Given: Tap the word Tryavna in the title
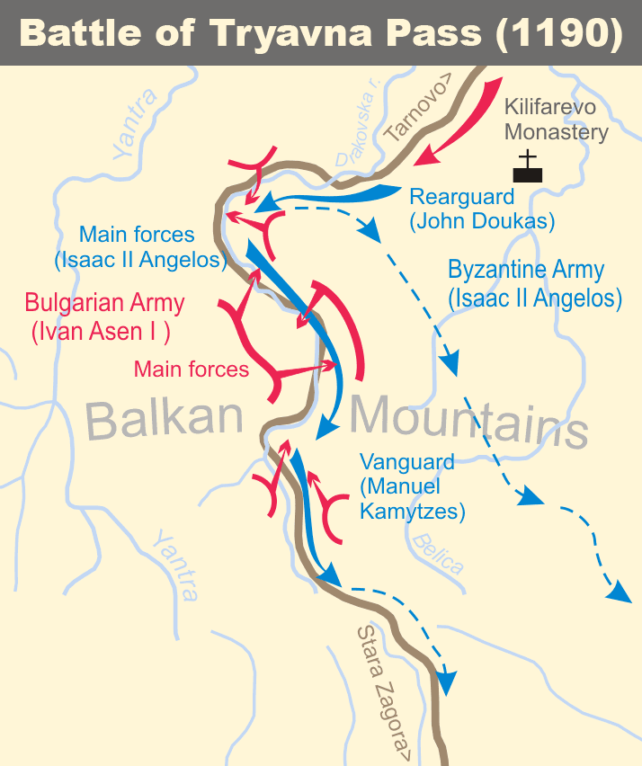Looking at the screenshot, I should (x=293, y=33).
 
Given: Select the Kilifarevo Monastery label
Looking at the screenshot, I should (x=556, y=119).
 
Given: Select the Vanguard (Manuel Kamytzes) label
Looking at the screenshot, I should (x=412, y=487).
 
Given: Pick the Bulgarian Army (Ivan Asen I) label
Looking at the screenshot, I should (x=104, y=316).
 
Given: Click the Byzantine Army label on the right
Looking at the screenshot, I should (x=534, y=283).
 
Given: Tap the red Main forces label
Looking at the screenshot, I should (x=191, y=368).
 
